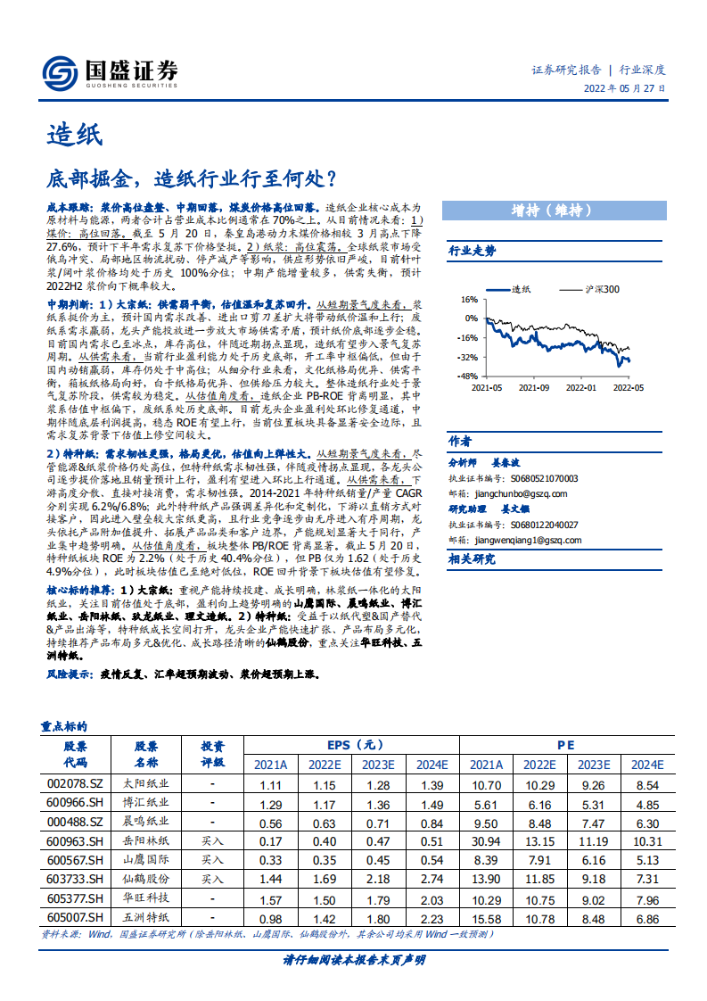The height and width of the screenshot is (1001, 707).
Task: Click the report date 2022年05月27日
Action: [624, 89]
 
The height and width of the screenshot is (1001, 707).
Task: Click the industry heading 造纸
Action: [75, 135]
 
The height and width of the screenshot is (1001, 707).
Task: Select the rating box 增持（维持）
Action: [553, 211]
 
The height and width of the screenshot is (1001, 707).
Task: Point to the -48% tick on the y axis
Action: [467, 376]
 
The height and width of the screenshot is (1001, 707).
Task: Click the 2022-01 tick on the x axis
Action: [580, 388]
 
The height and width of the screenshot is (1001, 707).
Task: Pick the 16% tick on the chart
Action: [470, 300]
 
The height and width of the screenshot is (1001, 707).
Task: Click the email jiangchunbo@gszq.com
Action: [515, 492]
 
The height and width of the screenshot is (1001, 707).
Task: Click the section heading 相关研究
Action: [472, 559]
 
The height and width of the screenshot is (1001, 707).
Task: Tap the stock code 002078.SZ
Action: [75, 784]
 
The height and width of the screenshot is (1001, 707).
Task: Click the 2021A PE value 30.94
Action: [487, 841]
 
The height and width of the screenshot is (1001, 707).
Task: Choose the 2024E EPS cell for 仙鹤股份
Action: [432, 879]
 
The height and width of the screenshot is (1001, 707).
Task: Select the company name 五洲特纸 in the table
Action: [145, 917]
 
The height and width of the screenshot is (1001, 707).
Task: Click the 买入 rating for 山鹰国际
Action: [212, 860]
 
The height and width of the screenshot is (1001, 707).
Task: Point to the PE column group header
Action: [566, 745]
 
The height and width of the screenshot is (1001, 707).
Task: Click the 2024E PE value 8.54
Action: [648, 784]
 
